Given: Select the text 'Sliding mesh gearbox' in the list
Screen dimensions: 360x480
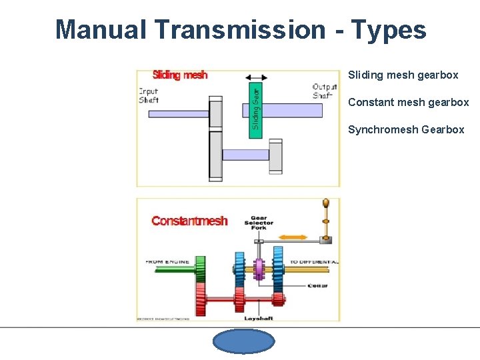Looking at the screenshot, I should [403, 75].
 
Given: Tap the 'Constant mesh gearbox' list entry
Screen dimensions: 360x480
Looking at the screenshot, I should [408, 103].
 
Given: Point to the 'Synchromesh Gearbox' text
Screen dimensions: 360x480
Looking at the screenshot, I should [406, 130].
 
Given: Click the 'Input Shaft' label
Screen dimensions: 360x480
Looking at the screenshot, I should [149, 95].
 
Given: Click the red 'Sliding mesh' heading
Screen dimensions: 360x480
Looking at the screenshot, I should [180, 75].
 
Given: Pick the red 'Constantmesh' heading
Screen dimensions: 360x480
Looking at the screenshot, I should [189, 221].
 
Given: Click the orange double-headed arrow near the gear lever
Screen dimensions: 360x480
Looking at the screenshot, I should [293, 237].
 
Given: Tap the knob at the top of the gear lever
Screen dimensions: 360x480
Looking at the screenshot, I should [326, 203].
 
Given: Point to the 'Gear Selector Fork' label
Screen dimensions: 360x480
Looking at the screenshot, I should [259, 223].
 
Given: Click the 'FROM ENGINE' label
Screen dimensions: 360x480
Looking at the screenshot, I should [167, 262].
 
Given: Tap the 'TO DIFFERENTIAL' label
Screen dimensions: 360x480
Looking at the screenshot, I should [313, 262].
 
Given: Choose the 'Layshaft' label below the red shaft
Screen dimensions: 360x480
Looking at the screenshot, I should [259, 319].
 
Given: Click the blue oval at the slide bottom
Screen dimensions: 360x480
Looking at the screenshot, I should [243, 341].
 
